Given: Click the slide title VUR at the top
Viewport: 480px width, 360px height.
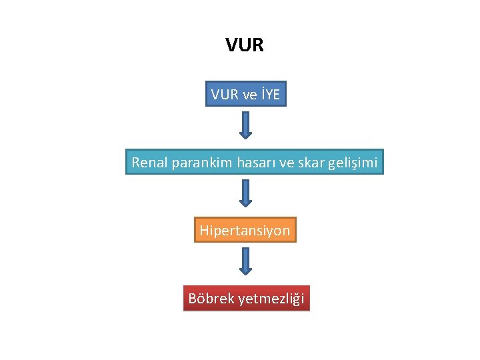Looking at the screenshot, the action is (245, 45).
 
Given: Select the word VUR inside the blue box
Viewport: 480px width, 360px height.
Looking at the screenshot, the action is (224, 95).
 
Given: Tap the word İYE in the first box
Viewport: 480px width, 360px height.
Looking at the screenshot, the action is (271, 95).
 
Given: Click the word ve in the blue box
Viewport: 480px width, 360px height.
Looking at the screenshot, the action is (250, 95).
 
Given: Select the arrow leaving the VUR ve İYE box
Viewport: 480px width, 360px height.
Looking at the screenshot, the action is (245, 125).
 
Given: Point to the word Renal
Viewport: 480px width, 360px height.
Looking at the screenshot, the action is (150, 162).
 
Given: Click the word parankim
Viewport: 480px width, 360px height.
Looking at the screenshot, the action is (203, 162).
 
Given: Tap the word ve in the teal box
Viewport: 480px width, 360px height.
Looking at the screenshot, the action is (286, 162).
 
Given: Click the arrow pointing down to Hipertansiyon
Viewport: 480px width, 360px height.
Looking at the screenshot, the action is (245, 193).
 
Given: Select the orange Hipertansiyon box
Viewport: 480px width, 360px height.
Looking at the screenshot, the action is (245, 231).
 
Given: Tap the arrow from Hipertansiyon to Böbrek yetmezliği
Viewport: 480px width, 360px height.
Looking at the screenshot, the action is (245, 261).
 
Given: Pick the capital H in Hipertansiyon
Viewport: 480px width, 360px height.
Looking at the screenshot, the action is (204, 231).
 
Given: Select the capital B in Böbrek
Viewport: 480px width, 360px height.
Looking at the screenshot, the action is (193, 299).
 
